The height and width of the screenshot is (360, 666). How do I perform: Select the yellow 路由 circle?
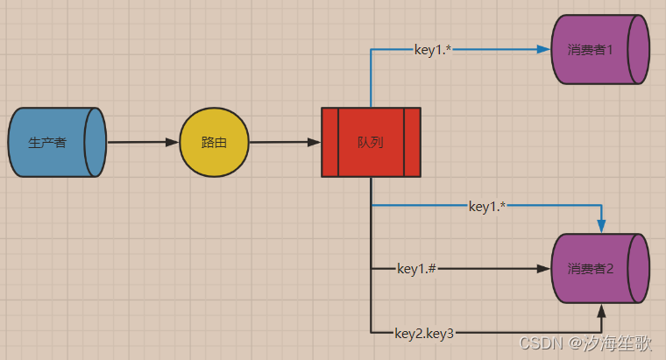(x=214, y=142)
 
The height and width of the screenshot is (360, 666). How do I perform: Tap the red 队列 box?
(x=371, y=142)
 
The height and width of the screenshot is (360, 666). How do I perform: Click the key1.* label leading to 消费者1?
(x=433, y=50)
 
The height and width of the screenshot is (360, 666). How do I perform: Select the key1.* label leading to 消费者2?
(x=487, y=207)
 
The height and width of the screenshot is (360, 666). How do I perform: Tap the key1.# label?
(x=416, y=268)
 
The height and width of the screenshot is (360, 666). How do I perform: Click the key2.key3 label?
(x=424, y=332)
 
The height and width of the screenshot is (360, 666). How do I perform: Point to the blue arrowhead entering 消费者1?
(x=543, y=50)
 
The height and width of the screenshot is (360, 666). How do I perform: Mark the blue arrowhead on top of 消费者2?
(x=601, y=226)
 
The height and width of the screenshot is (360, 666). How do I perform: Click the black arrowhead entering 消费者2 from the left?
(x=543, y=268)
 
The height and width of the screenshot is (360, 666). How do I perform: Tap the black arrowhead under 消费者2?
(x=601, y=310)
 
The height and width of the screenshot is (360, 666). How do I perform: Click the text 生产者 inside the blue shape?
(x=47, y=143)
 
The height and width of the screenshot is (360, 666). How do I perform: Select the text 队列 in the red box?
(x=371, y=142)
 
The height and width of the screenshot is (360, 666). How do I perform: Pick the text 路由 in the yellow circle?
(x=214, y=143)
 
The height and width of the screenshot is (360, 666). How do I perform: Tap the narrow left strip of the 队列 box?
(x=329, y=142)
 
